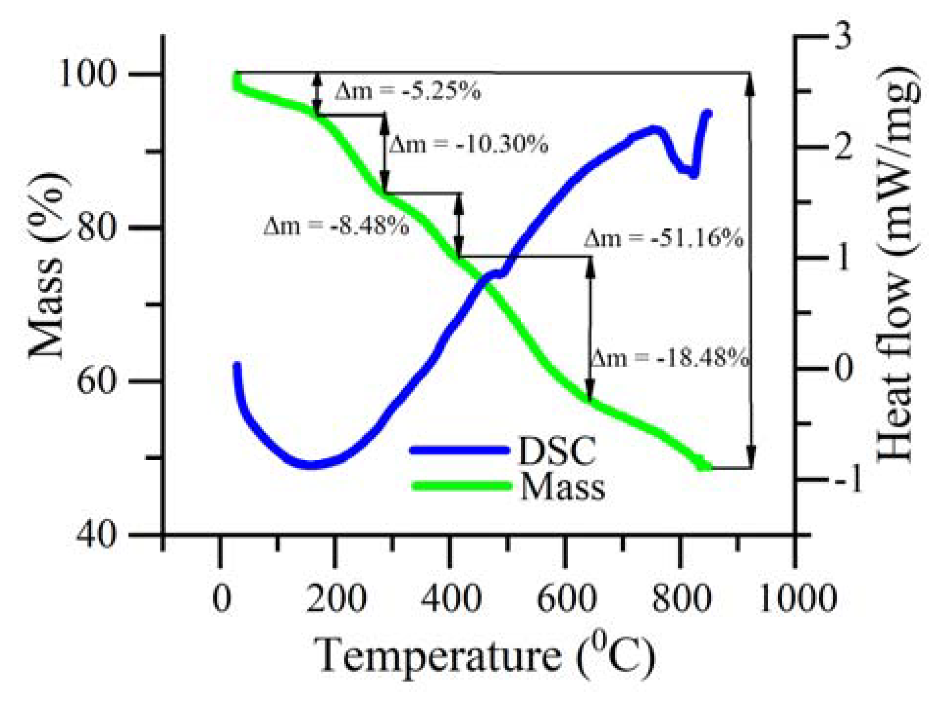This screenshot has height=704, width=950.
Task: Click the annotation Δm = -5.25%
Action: pyautogui.click(x=408, y=91)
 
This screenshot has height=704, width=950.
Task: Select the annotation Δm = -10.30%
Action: pyautogui.click(x=468, y=144)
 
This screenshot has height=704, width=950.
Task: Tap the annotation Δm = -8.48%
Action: pyautogui.click(x=336, y=226)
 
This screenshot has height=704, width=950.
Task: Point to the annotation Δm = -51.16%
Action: pyautogui.click(x=663, y=239)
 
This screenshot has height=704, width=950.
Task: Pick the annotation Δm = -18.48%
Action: pyautogui.click(x=670, y=358)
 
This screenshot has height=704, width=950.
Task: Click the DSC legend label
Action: pyautogui.click(x=557, y=451)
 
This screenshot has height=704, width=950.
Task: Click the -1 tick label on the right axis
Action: pyautogui.click(x=848, y=479)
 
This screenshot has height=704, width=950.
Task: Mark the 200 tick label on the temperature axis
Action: pyautogui.click(x=336, y=599)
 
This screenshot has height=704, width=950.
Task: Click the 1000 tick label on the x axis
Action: pyautogui.click(x=797, y=599)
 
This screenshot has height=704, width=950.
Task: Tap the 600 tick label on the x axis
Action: pyautogui.click(x=566, y=599)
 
